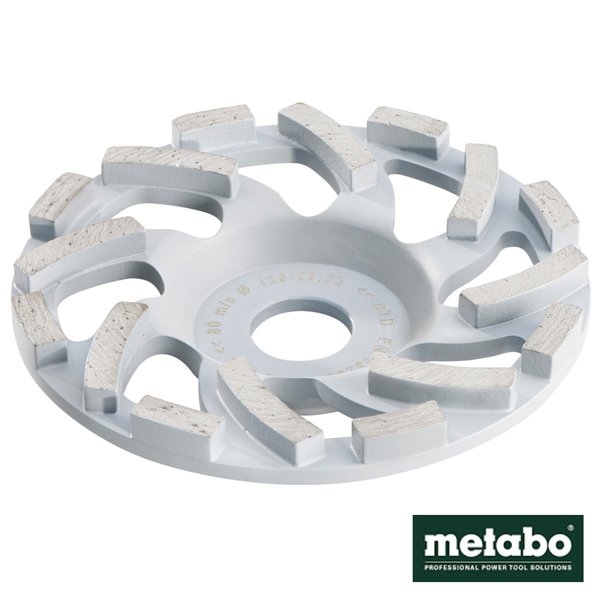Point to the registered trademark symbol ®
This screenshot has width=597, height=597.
tap(569, 529)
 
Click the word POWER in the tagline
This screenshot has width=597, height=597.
tap(485, 567)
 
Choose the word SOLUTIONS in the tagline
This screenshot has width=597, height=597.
tap(549, 567)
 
